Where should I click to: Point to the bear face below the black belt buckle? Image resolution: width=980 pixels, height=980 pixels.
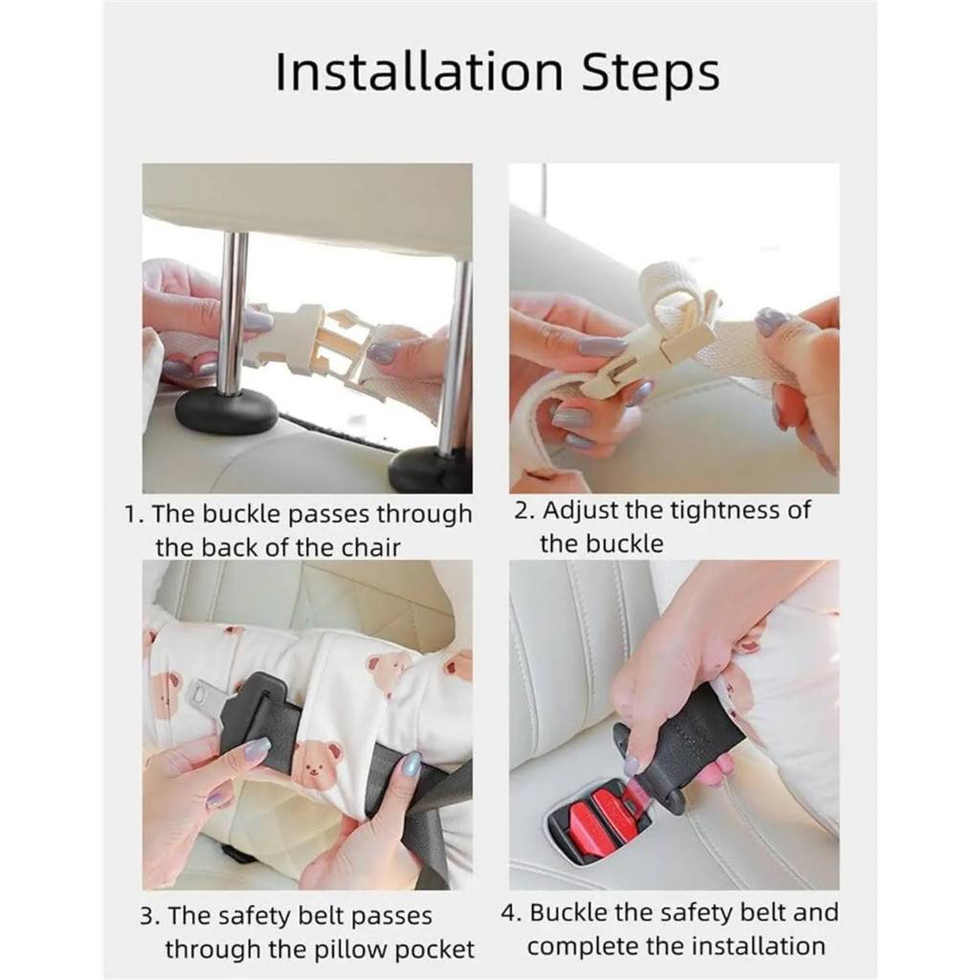click(x=314, y=763)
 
